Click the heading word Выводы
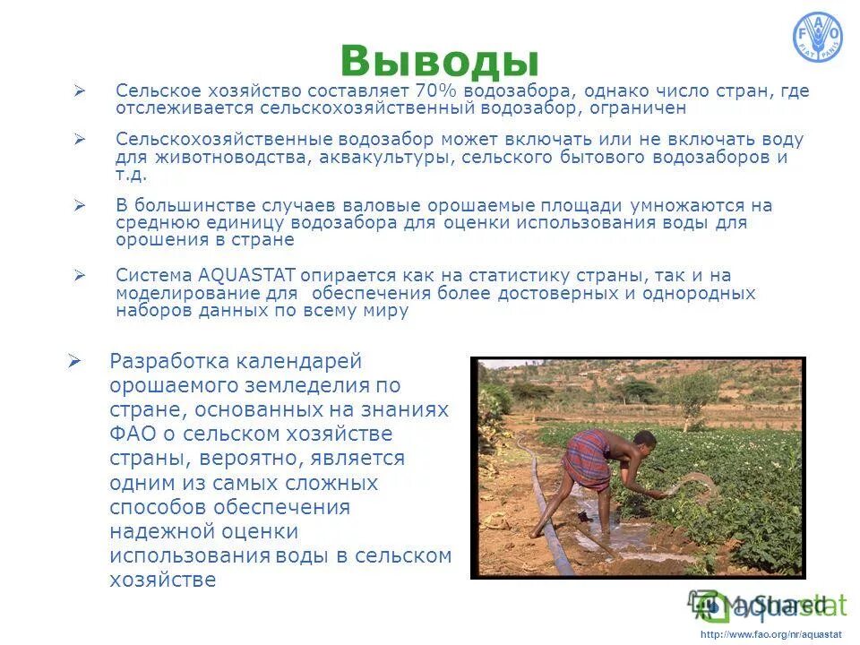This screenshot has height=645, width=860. pyautogui.click(x=439, y=60)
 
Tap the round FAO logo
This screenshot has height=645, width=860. pyautogui.click(x=817, y=38)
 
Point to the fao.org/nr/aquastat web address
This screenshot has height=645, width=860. pyautogui.click(x=770, y=634)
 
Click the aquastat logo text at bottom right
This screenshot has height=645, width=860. pyautogui.click(x=788, y=605)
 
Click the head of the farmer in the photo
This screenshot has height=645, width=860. pyautogui.click(x=643, y=440)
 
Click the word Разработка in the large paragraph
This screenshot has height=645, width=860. pyautogui.click(x=168, y=362)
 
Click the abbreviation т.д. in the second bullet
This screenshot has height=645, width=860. pyautogui.click(x=132, y=175)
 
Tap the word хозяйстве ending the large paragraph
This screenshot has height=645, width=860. pyautogui.click(x=163, y=580)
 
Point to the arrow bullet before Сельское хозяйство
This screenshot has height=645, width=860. pyautogui.click(x=79, y=91)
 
